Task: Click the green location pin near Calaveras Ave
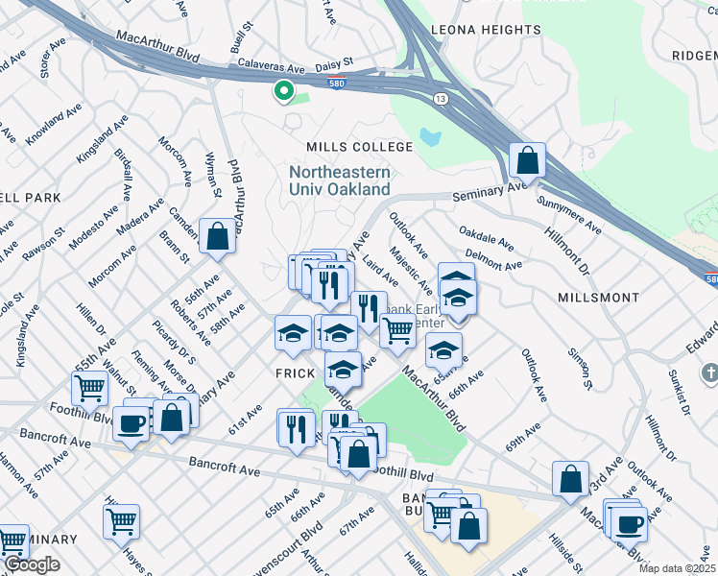(283, 91)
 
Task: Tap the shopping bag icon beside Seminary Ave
(527, 159)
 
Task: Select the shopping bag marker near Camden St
(217, 236)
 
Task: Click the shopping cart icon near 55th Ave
(89, 389)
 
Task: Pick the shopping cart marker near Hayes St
(122, 522)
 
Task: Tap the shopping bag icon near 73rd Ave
(570, 479)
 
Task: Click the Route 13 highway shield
(440, 98)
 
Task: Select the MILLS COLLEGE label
(359, 147)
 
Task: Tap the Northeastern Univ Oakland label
(340, 180)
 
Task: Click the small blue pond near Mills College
(430, 136)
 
